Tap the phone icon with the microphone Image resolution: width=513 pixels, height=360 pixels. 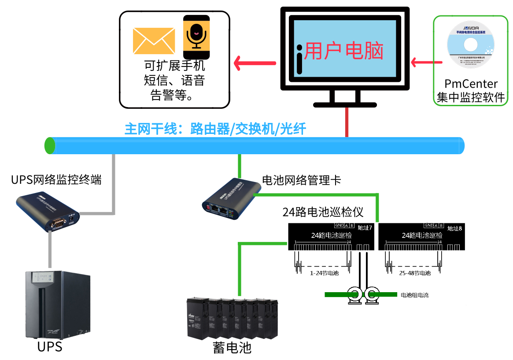tap(196, 37)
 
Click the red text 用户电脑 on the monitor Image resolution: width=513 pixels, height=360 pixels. tap(344, 51)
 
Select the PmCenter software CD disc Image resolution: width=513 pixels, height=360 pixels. tap(470, 45)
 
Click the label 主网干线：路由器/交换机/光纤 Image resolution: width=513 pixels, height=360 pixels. tap(215, 129)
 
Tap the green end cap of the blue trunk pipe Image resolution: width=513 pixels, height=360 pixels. tap(50, 145)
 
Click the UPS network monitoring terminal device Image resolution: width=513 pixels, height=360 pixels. tap(48, 212)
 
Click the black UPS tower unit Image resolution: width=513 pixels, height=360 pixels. tap(57, 304)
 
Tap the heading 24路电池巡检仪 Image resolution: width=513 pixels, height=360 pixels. tap(323, 212)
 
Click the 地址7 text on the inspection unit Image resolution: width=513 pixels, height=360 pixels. tap(365, 228)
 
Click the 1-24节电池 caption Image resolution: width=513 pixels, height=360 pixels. tap(324, 273)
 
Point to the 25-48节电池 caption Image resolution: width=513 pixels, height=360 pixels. tap(415, 273)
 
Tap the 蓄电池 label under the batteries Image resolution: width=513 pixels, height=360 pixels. tap(232, 348)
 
